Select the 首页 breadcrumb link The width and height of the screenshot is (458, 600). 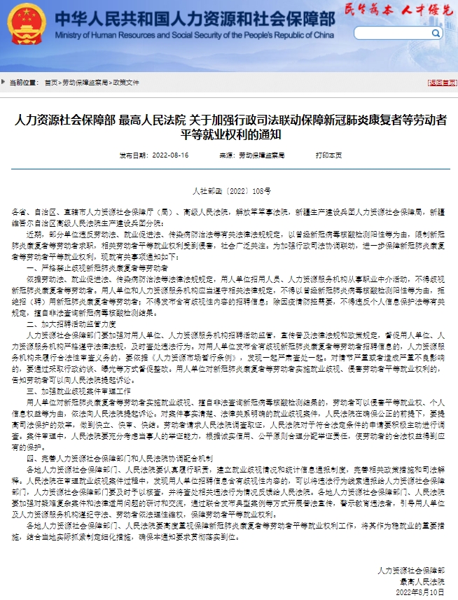point(50,83)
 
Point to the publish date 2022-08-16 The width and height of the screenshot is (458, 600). point(169,155)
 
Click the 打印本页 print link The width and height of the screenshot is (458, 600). point(328,155)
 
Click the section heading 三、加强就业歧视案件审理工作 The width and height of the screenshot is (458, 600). point(78,391)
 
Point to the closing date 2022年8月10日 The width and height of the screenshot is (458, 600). point(420,592)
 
